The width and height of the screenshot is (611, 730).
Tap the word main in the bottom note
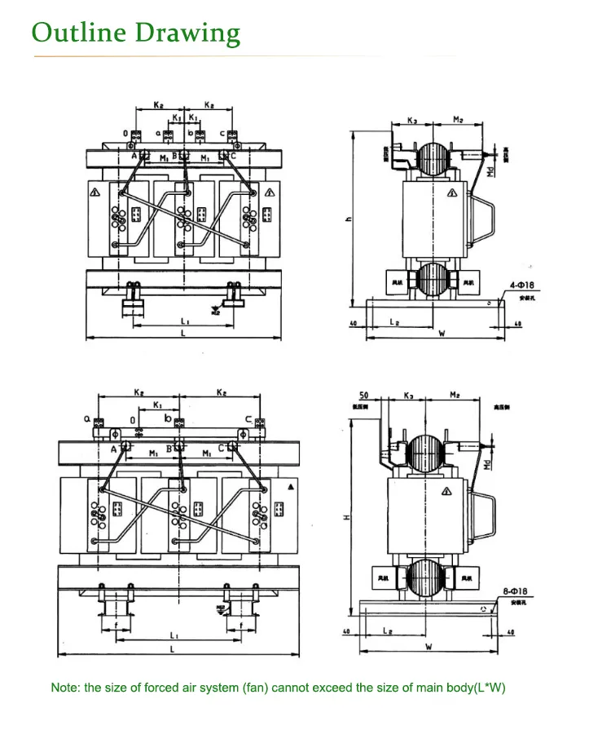pyautogui.click(x=413, y=688)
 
